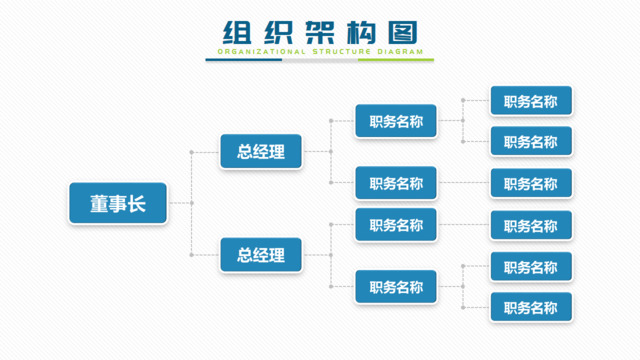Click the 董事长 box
pos(116,203)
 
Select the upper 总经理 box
pos(261,152)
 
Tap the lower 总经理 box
pos(261,255)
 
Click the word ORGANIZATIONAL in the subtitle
pos(255,50)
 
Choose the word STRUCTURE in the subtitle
pos(339,50)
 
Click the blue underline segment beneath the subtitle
pos(244,60)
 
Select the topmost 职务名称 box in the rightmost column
pos(530,100)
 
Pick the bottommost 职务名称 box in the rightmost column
pos(530,305)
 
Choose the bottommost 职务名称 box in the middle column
pos(396,287)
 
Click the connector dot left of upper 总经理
pos(191,152)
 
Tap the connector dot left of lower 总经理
pos(191,255)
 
